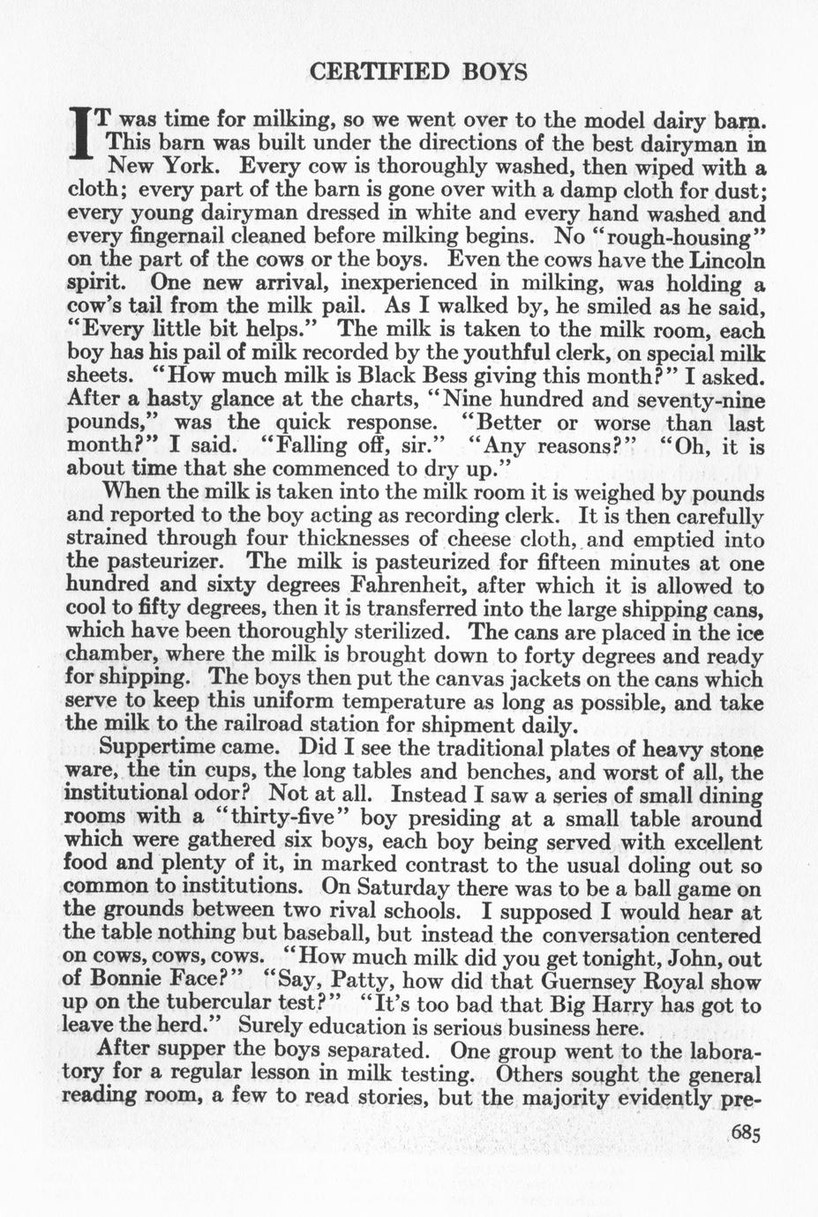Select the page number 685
[x=745, y=1133]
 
